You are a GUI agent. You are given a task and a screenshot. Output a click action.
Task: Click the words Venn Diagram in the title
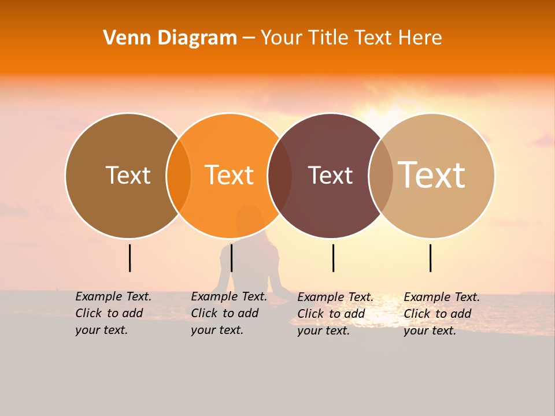pos(170,38)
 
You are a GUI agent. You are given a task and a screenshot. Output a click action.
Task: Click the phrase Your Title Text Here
pos(351,38)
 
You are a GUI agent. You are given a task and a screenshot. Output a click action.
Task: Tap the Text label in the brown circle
pos(128,175)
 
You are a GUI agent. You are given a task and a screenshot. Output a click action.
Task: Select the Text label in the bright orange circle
pos(229,175)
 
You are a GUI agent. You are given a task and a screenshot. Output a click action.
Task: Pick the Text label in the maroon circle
pos(330,175)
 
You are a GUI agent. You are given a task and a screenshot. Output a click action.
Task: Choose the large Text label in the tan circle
pos(431,174)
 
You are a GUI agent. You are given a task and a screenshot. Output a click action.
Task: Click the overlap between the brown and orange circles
pos(179,176)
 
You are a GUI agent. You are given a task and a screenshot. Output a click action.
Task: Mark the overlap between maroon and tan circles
pos(380,176)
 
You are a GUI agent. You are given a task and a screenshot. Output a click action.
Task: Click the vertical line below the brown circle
pos(129,258)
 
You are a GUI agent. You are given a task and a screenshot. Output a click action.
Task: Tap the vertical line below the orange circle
pos(231,258)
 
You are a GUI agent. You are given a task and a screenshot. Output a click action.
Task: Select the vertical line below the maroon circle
pos(333,258)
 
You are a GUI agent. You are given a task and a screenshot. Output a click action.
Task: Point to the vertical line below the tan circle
pos(430,258)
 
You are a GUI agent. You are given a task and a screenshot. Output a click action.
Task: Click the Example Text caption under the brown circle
pos(113,313)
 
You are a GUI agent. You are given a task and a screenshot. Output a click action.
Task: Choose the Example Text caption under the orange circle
pos(228,313)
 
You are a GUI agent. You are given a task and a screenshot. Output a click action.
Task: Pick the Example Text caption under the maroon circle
pos(335,314)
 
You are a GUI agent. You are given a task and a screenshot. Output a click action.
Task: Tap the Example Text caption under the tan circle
pos(441,314)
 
